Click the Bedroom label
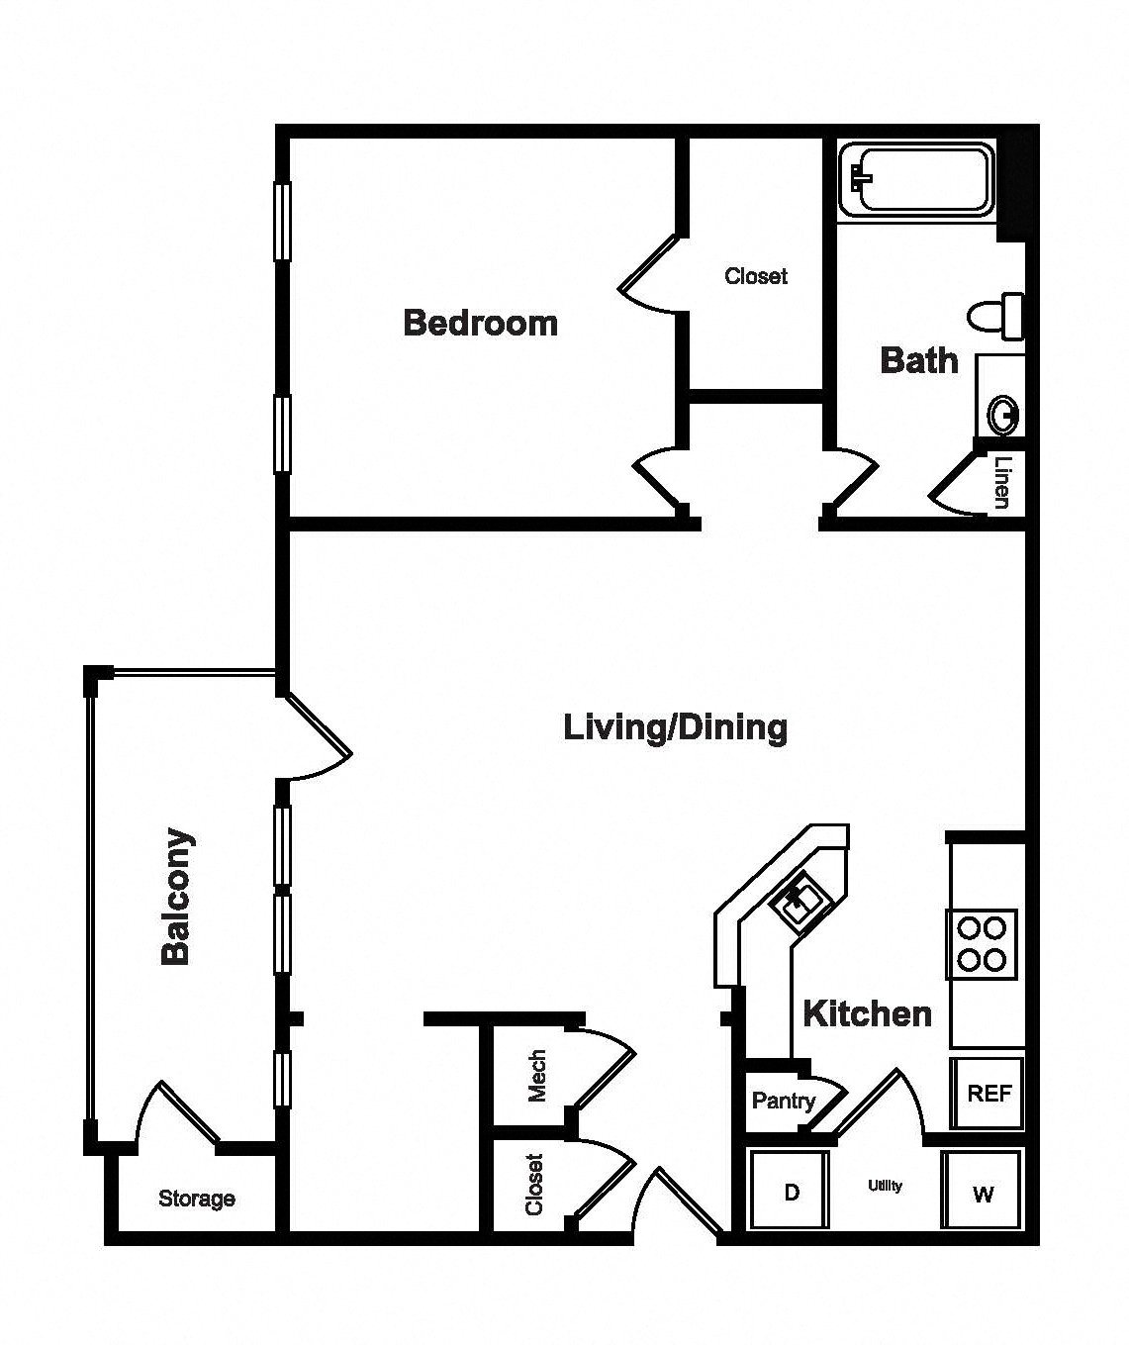tap(481, 323)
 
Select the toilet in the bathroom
tap(995, 317)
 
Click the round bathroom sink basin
tap(1003, 415)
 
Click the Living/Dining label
tap(676, 727)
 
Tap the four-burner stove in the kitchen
tap(982, 945)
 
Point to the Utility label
tap(885, 1186)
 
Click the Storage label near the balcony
tap(197, 1199)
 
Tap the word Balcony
tap(176, 898)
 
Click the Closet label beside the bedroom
tap(755, 276)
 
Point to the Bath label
tap(919, 360)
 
